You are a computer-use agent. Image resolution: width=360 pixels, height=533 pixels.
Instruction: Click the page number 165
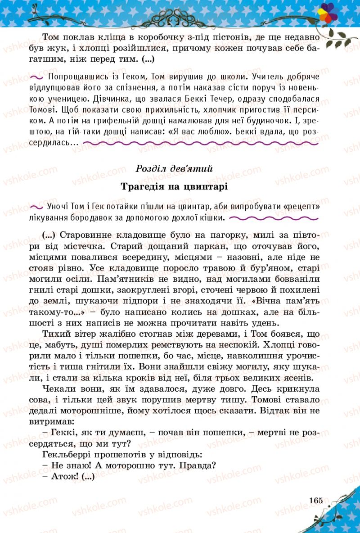pyautogui.click(x=316, y=500)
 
